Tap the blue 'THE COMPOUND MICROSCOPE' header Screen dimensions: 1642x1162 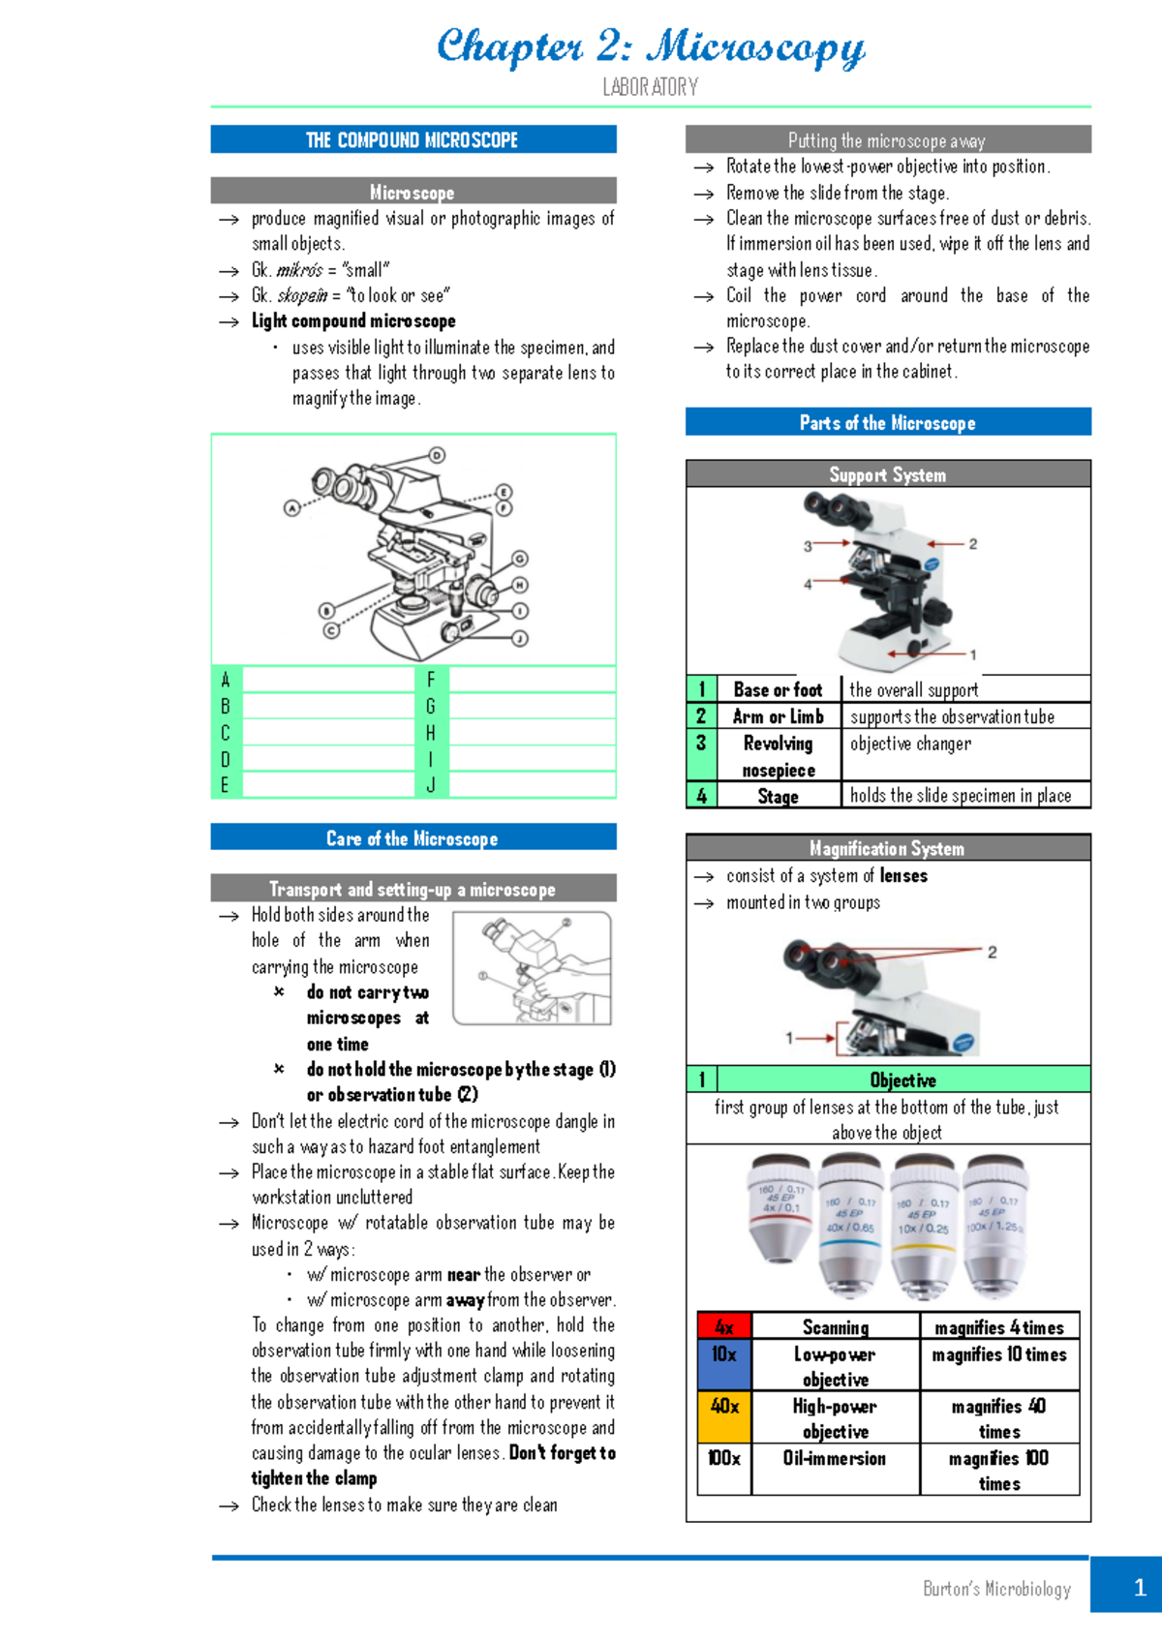tap(413, 139)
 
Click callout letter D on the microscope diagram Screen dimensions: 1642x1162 tap(438, 455)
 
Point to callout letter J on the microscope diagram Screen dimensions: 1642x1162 tap(520, 638)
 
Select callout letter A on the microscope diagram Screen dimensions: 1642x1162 tap(291, 507)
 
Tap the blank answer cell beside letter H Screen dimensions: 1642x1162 tap(532, 733)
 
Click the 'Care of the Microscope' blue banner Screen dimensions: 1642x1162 tap(413, 837)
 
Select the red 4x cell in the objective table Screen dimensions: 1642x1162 tap(724, 1326)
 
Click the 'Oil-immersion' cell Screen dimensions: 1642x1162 tap(835, 1458)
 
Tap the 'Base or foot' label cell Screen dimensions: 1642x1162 tap(778, 689)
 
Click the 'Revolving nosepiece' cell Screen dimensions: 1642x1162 tap(778, 756)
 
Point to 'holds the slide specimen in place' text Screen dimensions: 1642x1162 tap(961, 795)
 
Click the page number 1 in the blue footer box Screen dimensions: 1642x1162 tap(1139, 1587)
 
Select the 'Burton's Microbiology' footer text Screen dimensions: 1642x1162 tap(996, 1589)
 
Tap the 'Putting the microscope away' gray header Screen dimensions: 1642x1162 tap(887, 140)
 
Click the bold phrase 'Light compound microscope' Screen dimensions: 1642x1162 tap(353, 320)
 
